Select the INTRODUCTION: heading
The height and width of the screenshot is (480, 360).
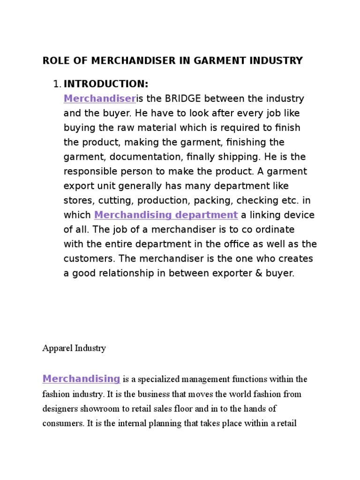[x=106, y=84]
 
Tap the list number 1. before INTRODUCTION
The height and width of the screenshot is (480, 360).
[x=57, y=84]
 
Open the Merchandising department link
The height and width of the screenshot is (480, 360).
[x=166, y=215]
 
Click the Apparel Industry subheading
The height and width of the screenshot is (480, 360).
[x=74, y=348]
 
